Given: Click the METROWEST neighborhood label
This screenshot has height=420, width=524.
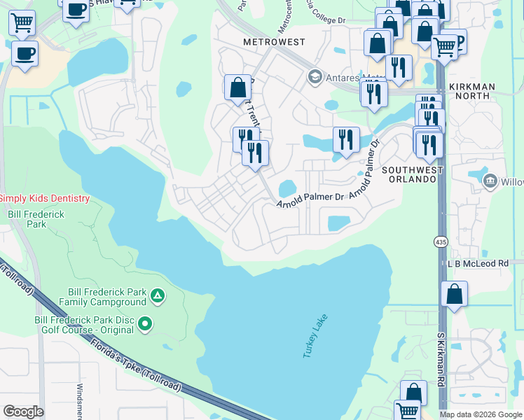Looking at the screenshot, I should point(274,42).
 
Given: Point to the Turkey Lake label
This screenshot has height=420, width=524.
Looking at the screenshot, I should point(315,336).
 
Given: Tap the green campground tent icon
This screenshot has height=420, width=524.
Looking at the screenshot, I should point(158,297).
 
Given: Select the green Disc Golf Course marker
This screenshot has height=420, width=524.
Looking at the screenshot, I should point(145,323).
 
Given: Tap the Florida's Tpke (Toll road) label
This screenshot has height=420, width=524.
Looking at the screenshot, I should point(137,364).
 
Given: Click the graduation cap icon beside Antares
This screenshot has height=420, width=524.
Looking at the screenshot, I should point(315,76).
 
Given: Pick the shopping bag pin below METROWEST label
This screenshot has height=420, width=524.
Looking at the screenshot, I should point(238,87).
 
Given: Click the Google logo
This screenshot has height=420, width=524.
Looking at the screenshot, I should point(23,412).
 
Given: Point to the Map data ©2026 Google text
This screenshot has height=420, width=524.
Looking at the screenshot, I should point(480,414).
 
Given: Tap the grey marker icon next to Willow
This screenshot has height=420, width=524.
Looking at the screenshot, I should point(491,182).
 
